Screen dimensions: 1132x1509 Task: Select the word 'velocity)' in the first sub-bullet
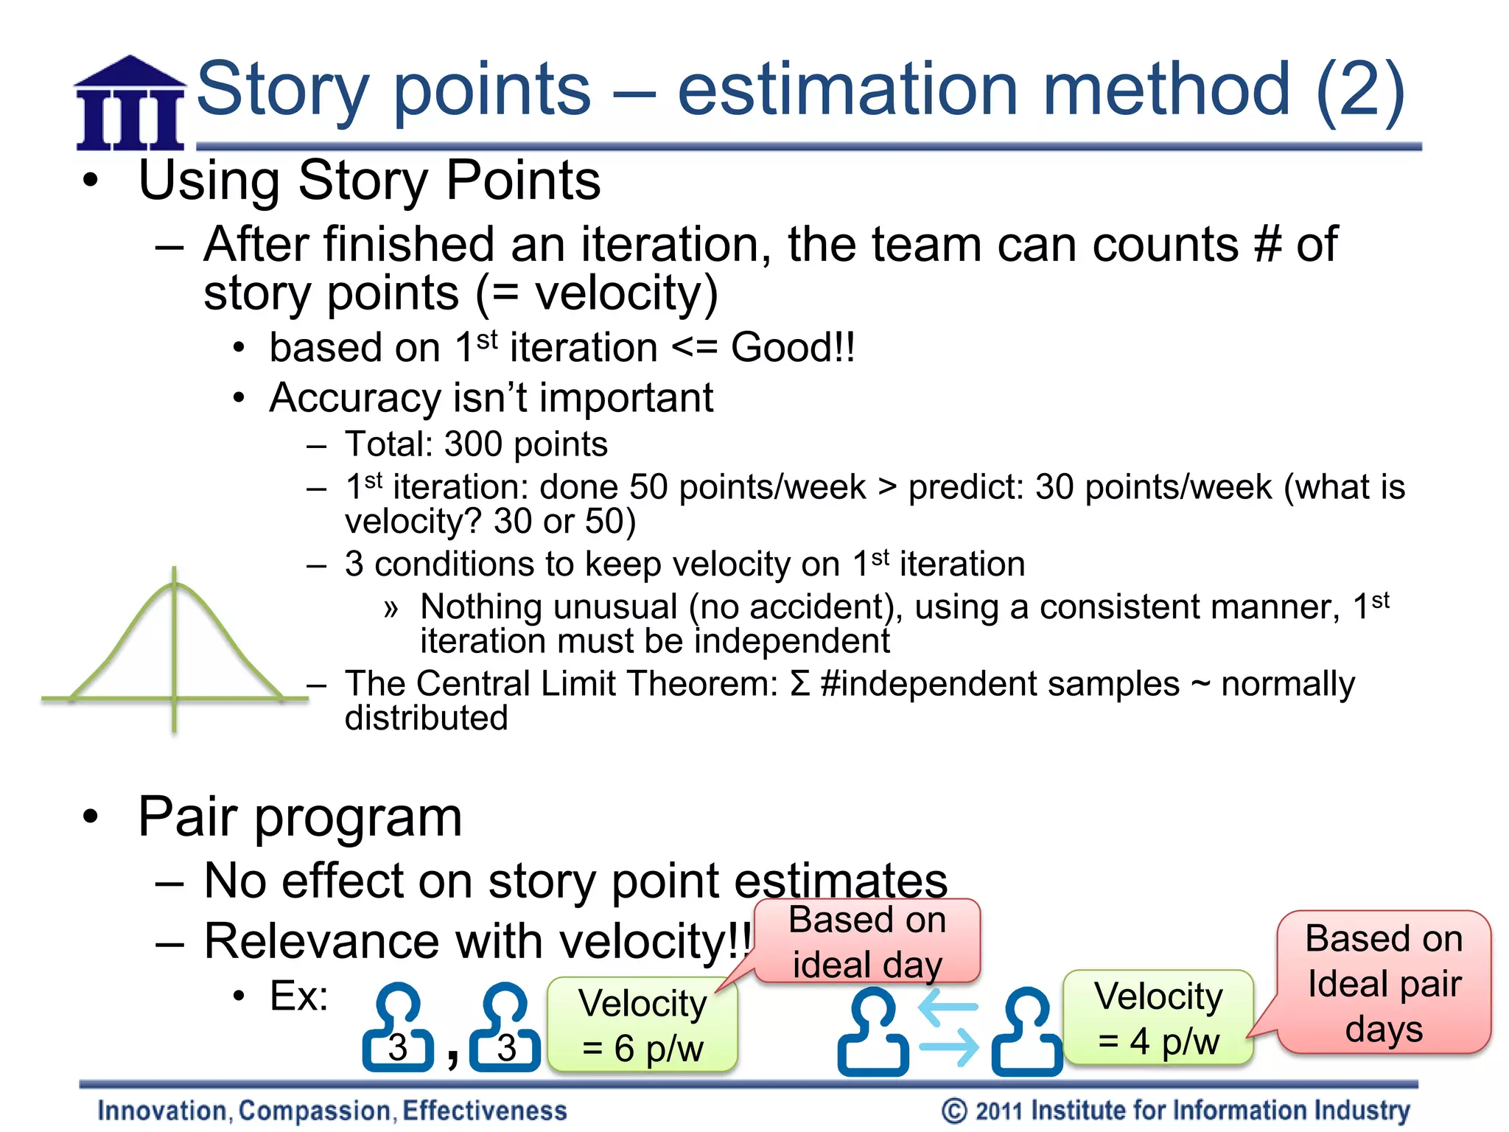(626, 293)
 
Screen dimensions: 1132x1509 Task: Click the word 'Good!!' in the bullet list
(793, 347)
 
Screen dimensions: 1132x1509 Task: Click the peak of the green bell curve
(175, 584)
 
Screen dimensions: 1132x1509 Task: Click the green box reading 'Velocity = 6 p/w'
(643, 1025)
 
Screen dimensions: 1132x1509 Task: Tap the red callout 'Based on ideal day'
(866, 942)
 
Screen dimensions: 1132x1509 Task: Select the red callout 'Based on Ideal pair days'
(1384, 983)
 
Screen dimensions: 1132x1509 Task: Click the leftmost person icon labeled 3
(398, 1027)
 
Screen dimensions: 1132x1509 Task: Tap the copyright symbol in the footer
(954, 1111)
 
